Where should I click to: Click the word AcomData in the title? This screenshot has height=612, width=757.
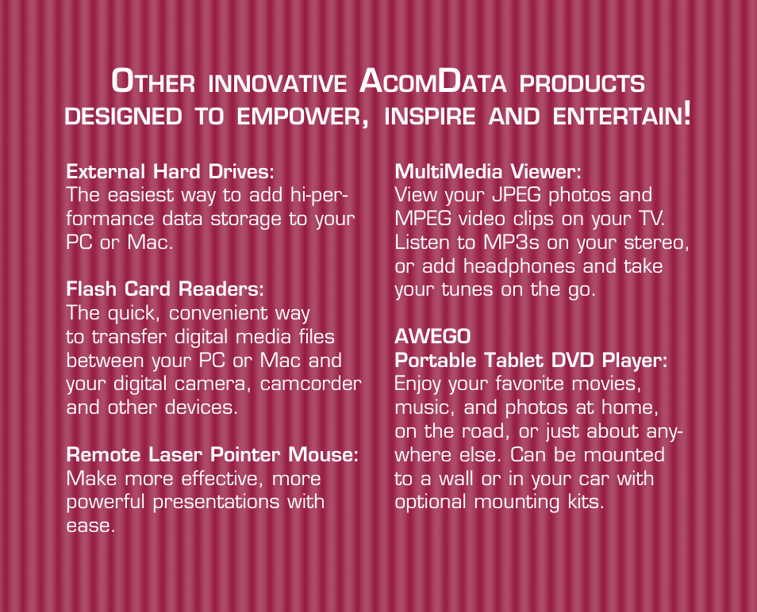(433, 81)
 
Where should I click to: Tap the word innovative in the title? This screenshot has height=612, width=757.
(278, 83)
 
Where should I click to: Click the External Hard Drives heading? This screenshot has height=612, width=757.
(170, 172)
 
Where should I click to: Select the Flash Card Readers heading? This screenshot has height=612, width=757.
(165, 289)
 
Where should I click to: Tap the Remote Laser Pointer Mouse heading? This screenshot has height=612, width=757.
(213, 454)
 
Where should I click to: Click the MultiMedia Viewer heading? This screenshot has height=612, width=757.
(488, 172)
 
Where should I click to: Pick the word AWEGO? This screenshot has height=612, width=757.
(432, 337)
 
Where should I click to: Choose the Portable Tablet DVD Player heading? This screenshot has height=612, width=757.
(531, 360)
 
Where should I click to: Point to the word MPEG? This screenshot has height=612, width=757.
(423, 219)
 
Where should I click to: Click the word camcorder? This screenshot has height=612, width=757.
(311, 384)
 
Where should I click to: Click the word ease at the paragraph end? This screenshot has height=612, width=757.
(90, 526)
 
